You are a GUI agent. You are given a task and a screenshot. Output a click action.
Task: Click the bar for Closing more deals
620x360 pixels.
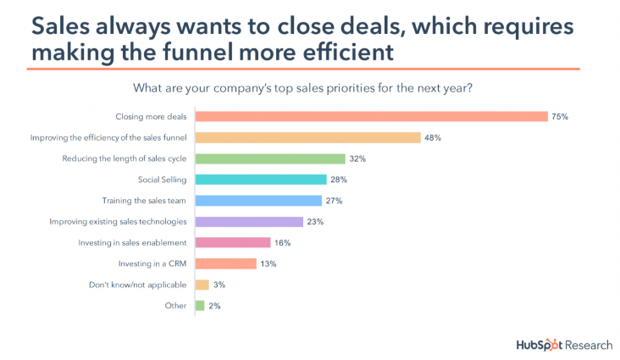(371, 116)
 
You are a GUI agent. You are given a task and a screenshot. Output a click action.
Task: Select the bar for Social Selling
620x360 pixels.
(261, 180)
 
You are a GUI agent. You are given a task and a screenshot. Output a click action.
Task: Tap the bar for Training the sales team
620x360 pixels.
(258, 201)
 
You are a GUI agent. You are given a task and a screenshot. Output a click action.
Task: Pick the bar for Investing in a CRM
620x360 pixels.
(225, 263)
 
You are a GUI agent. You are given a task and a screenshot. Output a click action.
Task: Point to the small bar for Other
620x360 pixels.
(200, 305)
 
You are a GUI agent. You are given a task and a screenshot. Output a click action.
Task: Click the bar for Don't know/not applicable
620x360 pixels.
(202, 285)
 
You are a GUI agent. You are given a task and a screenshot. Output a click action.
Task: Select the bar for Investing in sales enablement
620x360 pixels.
(233, 242)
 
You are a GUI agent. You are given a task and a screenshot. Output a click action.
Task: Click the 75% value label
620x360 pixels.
(558, 116)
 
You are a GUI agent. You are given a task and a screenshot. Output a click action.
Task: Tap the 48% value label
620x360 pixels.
(433, 137)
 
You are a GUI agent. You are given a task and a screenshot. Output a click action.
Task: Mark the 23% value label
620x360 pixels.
(315, 222)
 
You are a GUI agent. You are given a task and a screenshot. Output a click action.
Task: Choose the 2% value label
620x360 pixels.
(214, 305)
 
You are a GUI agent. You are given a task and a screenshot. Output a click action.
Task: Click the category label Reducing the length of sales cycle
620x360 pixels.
(125, 158)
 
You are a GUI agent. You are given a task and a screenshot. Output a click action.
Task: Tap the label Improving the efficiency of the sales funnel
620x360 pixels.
(108, 137)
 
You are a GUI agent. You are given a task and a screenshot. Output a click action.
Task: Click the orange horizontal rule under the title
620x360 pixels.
(305, 69)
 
